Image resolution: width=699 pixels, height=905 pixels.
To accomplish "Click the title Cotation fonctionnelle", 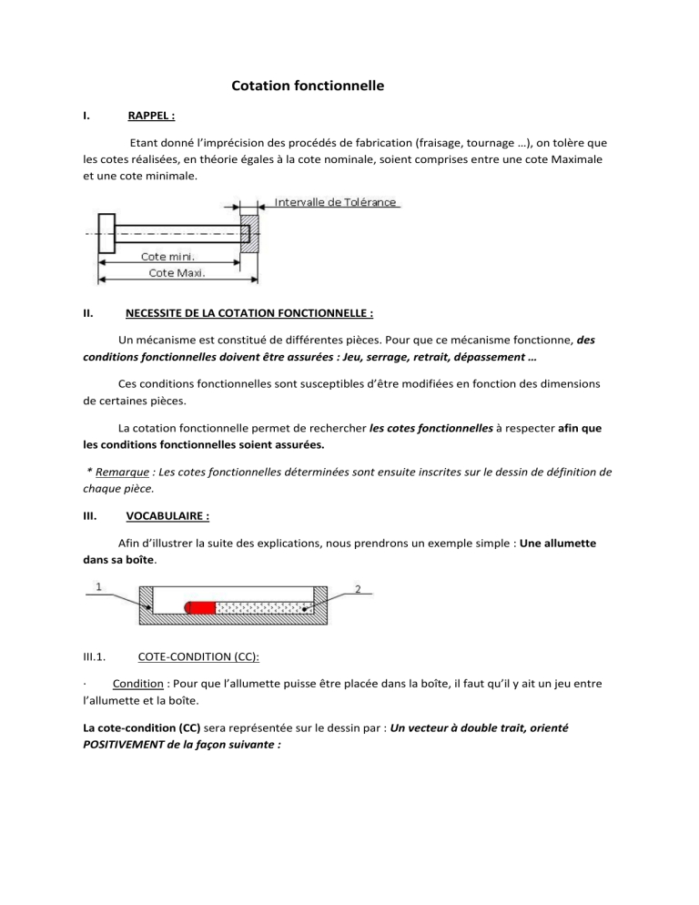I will pyautogui.click(x=308, y=86).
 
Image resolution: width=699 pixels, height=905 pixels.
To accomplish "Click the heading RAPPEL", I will pyautogui.click(x=151, y=117).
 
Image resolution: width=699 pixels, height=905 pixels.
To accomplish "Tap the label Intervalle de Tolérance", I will pyautogui.click(x=336, y=202).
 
